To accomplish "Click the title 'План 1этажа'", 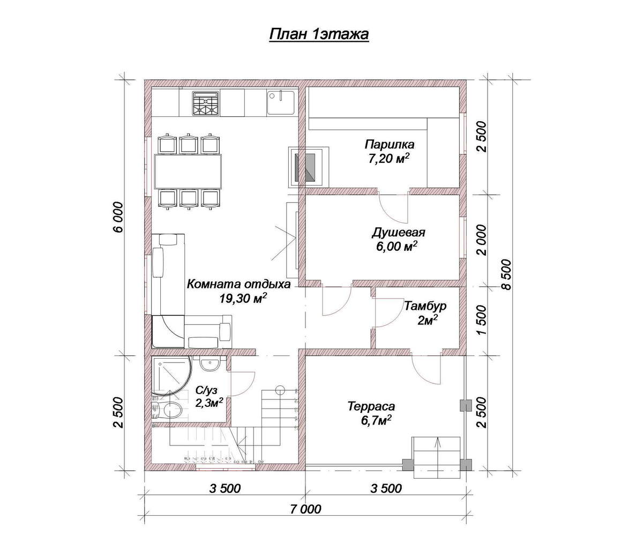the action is point(319,34).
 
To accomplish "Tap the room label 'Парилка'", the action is point(390,144).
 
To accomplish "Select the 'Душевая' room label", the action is point(399,232).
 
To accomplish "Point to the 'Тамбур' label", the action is point(425,306).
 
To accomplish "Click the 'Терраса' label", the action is point(371,406).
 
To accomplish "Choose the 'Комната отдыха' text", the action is point(238,284).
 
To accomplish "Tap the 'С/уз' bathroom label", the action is point(206,390).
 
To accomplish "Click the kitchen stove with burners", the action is point(206,103).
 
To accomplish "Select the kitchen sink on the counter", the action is point(280,102).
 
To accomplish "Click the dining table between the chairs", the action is point(188,171).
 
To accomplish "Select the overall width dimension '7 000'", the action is point(305,509).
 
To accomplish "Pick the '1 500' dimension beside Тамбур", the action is point(481,320).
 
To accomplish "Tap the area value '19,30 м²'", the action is point(242,298).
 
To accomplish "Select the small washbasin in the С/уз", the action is point(209,363).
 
